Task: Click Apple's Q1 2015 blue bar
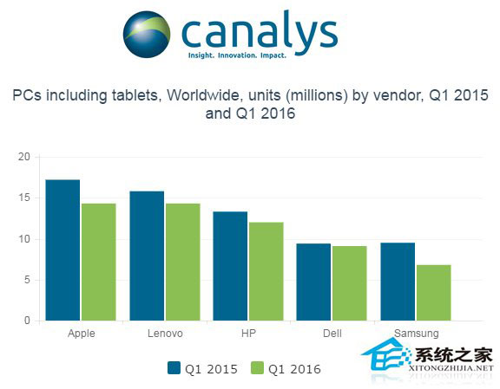pyautogui.click(x=62, y=250)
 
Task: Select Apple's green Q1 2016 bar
pyautogui.click(x=99, y=262)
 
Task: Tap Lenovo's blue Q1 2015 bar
pyautogui.click(x=147, y=256)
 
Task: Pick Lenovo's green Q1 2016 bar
pyautogui.click(x=183, y=262)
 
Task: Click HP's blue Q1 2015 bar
pyautogui.click(x=230, y=266)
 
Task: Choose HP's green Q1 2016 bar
pyautogui.click(x=266, y=271)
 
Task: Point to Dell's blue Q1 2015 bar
pyautogui.click(x=313, y=282)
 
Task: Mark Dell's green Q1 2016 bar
pyautogui.click(x=350, y=283)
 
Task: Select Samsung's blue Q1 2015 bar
pyautogui.click(x=398, y=282)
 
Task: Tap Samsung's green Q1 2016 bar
pyautogui.click(x=434, y=293)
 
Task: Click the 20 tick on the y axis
pyautogui.click(x=24, y=157)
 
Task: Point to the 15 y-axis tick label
pyautogui.click(x=24, y=198)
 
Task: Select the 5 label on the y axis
pyautogui.click(x=27, y=280)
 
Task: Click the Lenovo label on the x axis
pyautogui.click(x=165, y=334)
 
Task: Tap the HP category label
pyautogui.click(x=249, y=334)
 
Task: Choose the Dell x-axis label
pyautogui.click(x=332, y=334)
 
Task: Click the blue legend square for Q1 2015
pyautogui.click(x=174, y=368)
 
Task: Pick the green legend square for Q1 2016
pyautogui.click(x=257, y=368)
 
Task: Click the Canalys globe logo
pyautogui.click(x=147, y=35)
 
